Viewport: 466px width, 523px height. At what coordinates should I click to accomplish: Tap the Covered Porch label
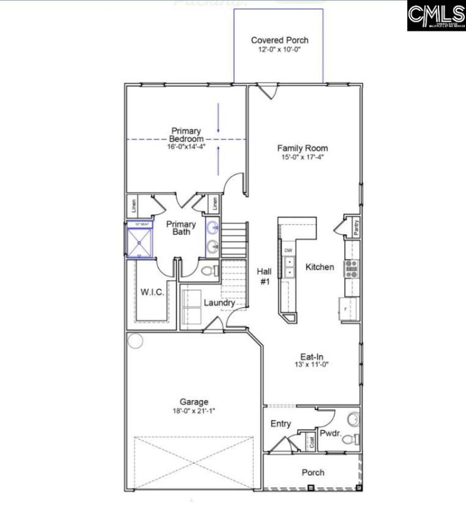click(x=279, y=40)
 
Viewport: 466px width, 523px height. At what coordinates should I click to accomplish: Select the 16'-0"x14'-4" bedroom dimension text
click(x=187, y=146)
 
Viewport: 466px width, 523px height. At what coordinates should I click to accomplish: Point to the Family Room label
click(x=302, y=148)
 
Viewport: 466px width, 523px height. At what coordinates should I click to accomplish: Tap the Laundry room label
click(x=219, y=303)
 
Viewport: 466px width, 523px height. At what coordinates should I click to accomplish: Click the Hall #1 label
click(x=263, y=275)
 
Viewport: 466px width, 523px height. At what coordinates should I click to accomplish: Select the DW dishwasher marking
click(x=288, y=251)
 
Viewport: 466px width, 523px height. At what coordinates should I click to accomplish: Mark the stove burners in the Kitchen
click(x=351, y=266)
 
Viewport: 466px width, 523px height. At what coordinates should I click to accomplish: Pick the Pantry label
click(x=355, y=227)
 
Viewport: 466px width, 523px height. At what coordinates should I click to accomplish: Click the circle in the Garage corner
click(x=135, y=340)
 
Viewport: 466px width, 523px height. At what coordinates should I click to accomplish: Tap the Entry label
click(x=281, y=424)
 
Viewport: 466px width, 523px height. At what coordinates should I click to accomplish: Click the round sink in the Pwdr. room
click(x=352, y=418)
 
